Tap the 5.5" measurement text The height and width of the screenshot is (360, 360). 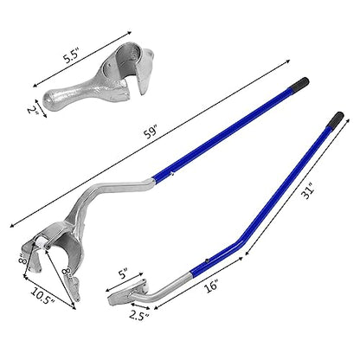point(72,55)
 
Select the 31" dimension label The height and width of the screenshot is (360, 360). point(308,191)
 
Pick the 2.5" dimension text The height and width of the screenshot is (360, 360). point(138,316)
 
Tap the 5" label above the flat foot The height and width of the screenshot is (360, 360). point(123,273)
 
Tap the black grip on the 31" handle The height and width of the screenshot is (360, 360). point(336,119)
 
